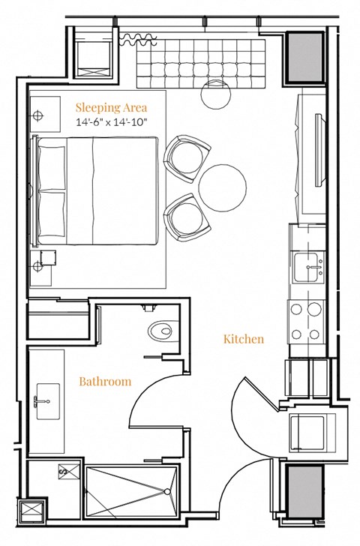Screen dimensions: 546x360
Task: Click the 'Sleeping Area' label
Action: coord(111,106)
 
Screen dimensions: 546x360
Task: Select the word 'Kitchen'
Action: coord(244,339)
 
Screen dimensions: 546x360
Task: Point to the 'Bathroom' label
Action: coord(105,381)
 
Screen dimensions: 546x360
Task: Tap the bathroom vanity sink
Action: coord(47,396)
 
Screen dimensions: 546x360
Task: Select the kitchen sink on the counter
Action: coord(308,266)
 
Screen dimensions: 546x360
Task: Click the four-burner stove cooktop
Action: coord(306,321)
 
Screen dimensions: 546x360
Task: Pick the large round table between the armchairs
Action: coord(222,188)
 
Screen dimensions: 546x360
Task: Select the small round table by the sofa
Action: coord(217,93)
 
